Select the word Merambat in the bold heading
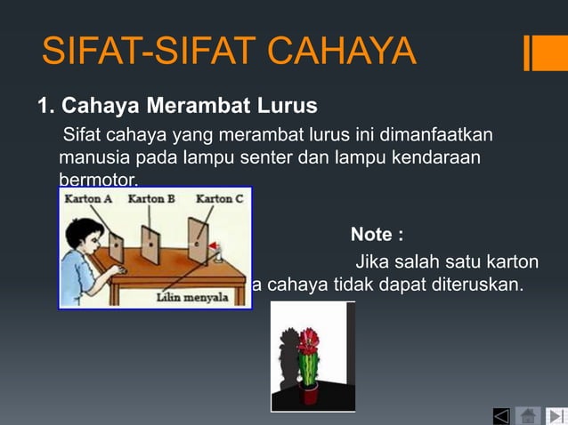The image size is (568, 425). pos(193,107)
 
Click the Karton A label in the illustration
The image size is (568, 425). pos(88,199)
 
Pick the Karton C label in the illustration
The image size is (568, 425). pos(219,199)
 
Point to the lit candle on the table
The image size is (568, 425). pos(217,253)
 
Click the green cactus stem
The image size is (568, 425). pos(309,369)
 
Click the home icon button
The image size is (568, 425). pos(528,415)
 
